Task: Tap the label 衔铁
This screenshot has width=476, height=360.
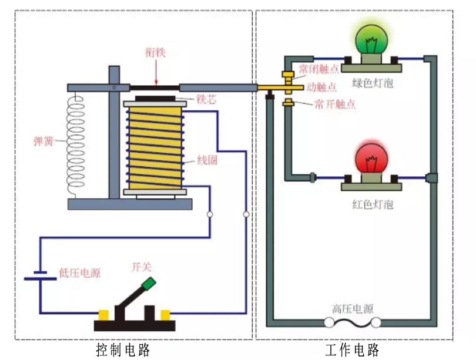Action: click(156, 53)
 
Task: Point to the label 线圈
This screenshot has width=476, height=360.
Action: click(207, 160)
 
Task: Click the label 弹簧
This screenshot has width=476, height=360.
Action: click(45, 141)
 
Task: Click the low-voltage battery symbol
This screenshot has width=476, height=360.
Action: click(40, 275)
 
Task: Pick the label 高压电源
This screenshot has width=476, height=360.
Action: click(353, 309)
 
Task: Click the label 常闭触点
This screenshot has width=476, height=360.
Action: click(319, 69)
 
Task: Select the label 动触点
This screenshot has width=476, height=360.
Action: click(322, 87)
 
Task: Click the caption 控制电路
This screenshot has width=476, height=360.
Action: click(123, 350)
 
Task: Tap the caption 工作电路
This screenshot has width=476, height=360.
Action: click(353, 350)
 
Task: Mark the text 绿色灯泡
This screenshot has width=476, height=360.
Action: click(372, 83)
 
